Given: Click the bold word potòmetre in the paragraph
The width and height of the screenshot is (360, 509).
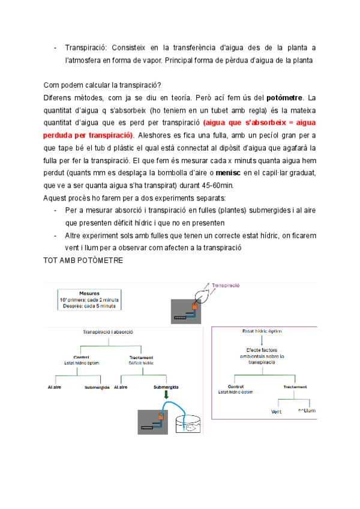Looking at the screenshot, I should pos(286,97).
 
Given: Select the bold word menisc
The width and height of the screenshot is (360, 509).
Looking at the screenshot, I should pos(229,173).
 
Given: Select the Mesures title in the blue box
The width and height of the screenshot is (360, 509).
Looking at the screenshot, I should pos(89,294).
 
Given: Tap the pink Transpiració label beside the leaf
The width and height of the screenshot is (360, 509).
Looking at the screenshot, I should pos(223,286).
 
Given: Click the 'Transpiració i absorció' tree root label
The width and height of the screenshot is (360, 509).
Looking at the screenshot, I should pos(108,331).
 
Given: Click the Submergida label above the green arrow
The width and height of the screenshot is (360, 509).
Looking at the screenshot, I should pos(166,387).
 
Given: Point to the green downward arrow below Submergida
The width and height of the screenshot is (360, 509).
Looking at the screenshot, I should pos(165,397).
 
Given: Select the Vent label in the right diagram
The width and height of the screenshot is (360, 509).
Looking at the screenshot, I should pos(277,412).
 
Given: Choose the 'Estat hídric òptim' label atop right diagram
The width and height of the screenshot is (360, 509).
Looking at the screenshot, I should pos(262,331).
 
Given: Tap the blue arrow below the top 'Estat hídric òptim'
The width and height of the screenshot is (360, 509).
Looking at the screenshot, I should pos(262,340).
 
